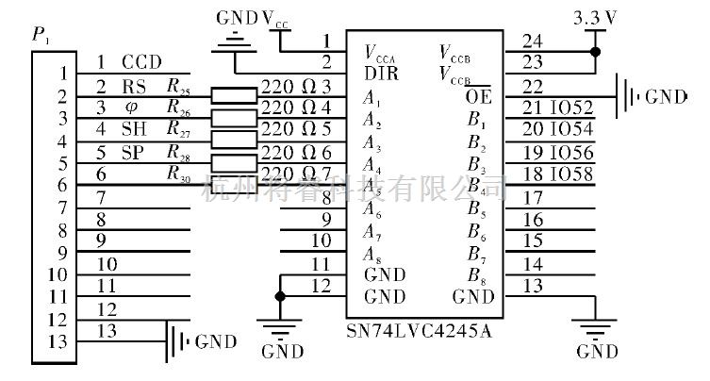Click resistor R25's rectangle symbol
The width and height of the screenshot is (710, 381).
click(x=234, y=94)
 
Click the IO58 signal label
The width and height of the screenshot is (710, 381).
click(x=574, y=173)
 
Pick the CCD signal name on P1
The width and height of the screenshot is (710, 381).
click(x=142, y=62)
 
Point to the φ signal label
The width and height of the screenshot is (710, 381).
click(x=131, y=107)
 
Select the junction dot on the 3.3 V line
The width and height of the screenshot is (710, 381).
click(x=594, y=51)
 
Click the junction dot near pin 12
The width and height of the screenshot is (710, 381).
click(x=279, y=296)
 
